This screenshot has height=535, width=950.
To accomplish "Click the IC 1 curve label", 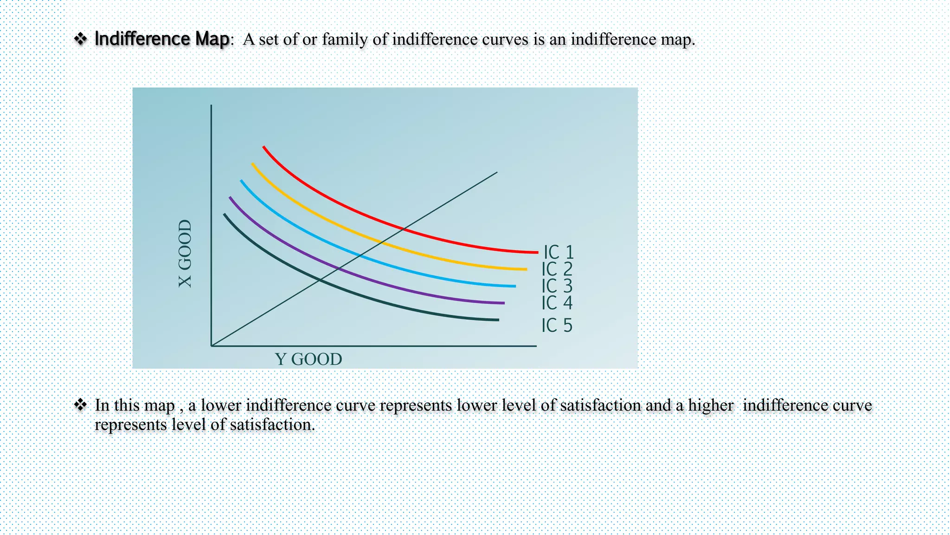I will point(558,253).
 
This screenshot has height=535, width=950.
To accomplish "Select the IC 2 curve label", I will point(557,269).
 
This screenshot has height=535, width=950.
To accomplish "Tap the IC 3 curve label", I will point(557,286).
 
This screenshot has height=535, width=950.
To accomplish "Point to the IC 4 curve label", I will point(557,303).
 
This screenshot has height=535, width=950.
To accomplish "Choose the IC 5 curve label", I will point(557,325).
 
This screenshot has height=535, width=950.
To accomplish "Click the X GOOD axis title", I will point(185,254).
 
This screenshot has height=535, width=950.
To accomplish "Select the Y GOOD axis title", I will point(308,359).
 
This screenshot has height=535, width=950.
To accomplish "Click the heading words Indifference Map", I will point(161,39).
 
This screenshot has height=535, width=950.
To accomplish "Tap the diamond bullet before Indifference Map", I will point(81,39).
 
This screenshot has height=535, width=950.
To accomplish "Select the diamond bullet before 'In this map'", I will point(81,405).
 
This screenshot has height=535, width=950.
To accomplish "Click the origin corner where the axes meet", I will point(212,346).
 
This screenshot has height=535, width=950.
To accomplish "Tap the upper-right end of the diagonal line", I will point(497,173).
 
